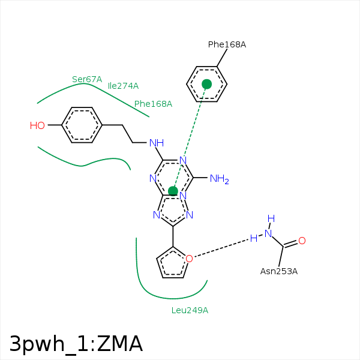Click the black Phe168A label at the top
(227, 44)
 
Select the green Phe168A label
(153, 104)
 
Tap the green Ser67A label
(87, 79)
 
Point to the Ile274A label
(123, 86)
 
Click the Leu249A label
(190, 310)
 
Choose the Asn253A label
(278, 271)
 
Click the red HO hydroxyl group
(37, 125)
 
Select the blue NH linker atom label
(157, 143)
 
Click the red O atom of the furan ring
(189, 259)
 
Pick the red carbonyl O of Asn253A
(302, 241)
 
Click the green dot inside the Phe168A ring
(207, 84)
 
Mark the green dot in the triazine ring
(173, 191)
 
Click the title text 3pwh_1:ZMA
(76, 344)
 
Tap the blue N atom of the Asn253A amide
(269, 233)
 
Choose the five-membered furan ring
(173, 265)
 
